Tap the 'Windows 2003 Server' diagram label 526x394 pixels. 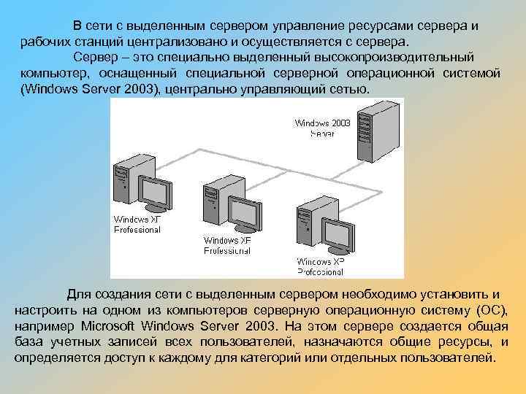(x=322, y=128)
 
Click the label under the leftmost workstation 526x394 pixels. (x=137, y=224)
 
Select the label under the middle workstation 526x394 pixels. (x=227, y=245)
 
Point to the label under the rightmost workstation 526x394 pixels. (x=320, y=266)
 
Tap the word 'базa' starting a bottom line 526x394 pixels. (x=31, y=342)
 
